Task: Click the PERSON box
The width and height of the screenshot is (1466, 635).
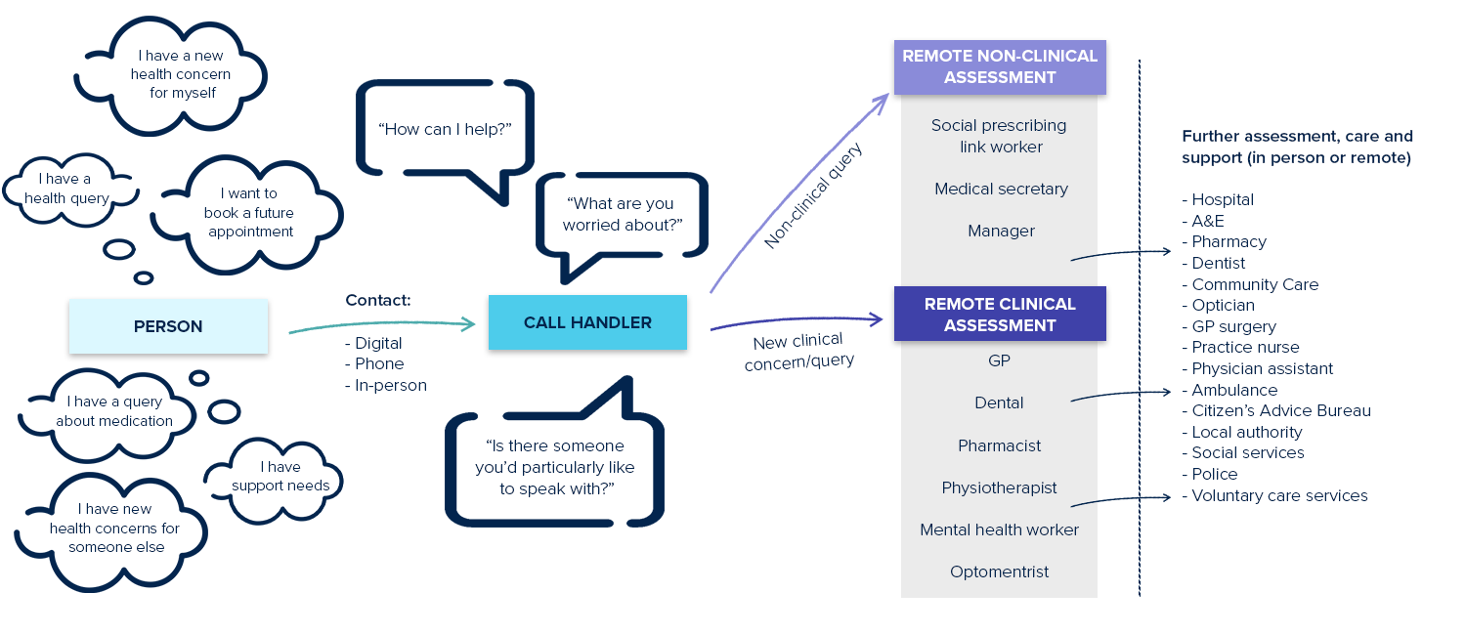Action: [x=168, y=326]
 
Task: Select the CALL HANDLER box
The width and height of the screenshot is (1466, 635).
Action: [x=587, y=322]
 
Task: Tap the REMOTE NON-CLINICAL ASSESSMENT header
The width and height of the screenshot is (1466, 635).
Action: [x=1000, y=66]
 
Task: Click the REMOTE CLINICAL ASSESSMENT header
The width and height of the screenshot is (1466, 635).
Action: [x=1000, y=314]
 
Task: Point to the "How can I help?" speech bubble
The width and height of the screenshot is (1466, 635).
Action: [x=445, y=128]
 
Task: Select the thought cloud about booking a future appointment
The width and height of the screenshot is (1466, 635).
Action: [x=249, y=213]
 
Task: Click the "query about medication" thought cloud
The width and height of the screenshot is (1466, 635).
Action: [x=114, y=411]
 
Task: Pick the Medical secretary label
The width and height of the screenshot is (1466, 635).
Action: [x=1001, y=189]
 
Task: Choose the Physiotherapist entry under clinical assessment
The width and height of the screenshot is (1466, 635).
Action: [x=999, y=487]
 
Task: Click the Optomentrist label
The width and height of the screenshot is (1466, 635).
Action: [x=999, y=571]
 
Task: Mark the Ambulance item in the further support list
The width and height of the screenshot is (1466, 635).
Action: [x=1233, y=390]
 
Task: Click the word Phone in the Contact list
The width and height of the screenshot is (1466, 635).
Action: [x=379, y=363]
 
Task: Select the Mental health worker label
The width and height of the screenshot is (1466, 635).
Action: [x=999, y=529]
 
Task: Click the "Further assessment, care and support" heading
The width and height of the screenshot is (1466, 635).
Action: [x=1297, y=147]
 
